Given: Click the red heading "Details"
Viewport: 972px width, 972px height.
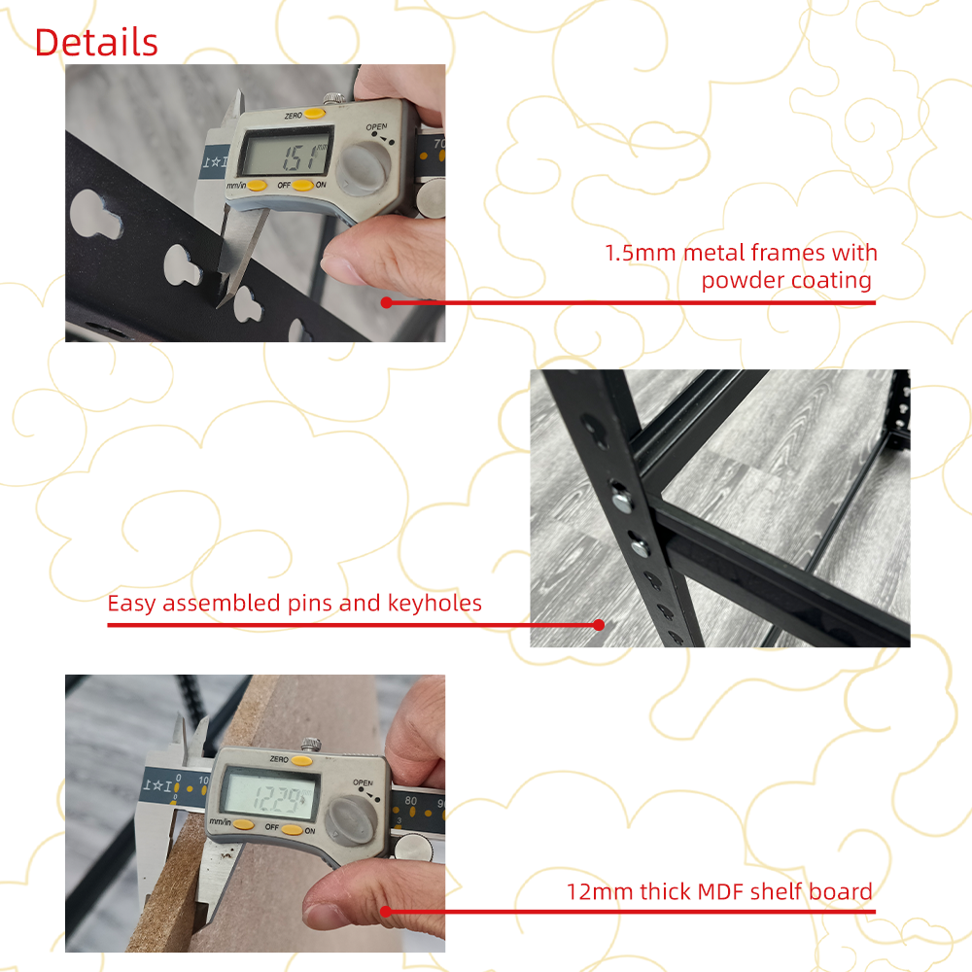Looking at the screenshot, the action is (96, 43).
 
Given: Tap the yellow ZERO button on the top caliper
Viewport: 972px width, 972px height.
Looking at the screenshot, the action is (314, 113).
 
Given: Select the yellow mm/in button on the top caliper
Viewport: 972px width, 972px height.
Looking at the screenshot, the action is (257, 186).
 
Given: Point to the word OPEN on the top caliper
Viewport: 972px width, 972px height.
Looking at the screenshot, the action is (376, 127).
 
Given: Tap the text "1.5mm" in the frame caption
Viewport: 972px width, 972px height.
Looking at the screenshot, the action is (640, 253).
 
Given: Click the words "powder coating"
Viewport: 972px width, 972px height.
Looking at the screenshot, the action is (786, 281).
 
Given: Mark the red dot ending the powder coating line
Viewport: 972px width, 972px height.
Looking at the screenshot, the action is (386, 302).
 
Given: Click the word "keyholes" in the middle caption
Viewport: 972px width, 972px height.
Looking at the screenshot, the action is (434, 604).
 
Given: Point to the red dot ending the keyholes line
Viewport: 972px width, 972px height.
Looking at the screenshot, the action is (599, 625).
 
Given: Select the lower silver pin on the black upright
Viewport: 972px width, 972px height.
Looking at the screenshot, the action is (640, 546).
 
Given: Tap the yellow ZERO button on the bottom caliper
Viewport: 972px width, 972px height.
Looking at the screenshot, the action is (302, 761).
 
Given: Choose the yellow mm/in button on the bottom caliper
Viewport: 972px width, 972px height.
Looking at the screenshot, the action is (244, 824).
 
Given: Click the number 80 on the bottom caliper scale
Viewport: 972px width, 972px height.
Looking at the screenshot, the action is (411, 800).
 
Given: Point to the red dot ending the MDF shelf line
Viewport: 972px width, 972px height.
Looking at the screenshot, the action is (386, 912).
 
